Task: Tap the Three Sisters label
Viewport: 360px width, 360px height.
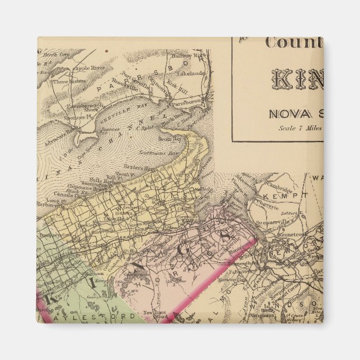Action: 67,80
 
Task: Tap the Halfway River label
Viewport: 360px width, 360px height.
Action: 193,56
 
